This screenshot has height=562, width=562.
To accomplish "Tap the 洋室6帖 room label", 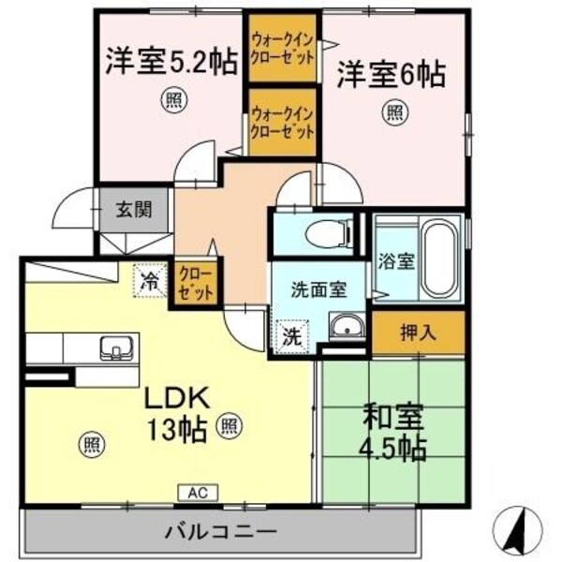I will point(391,72).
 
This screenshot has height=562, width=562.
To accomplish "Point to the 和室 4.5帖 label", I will point(392,430).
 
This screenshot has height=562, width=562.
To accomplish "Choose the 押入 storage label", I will point(418,332).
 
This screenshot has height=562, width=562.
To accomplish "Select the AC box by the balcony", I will point(198,491).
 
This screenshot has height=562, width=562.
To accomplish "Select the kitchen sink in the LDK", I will point(115,347).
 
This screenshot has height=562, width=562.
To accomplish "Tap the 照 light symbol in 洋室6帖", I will point(394,113).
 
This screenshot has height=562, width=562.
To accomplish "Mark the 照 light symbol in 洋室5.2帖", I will point(171,97).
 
